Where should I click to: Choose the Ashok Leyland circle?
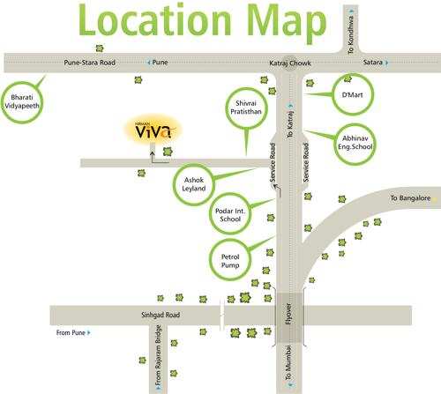(193, 183)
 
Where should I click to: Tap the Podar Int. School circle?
(233, 216)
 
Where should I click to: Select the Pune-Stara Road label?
(91, 63)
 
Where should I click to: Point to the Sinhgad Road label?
(160, 315)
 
